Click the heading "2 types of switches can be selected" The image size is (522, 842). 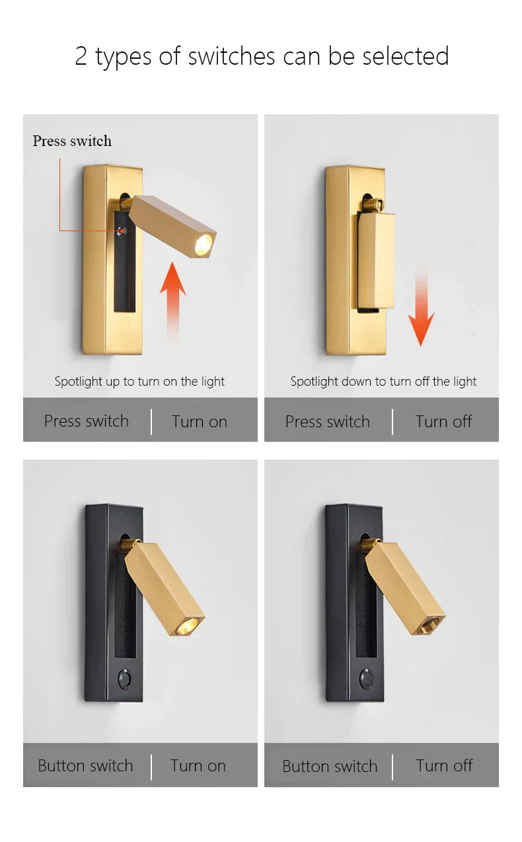[x=262, y=56]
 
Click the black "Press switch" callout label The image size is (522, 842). [x=72, y=141]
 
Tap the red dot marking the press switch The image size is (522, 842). [x=120, y=230]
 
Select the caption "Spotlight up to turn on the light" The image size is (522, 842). [x=139, y=381]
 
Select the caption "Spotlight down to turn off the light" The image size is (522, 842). [x=383, y=381]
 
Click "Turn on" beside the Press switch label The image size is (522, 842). [x=199, y=421]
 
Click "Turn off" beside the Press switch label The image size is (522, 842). [x=443, y=421]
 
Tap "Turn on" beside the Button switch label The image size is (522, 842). [x=198, y=765]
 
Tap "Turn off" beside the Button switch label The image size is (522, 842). [x=444, y=765]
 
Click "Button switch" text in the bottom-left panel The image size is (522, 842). [x=85, y=765]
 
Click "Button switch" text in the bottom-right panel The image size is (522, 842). [x=330, y=766]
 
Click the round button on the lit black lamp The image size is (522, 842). [x=124, y=678]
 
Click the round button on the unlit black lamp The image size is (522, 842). [x=365, y=678]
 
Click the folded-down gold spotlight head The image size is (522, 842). [x=376, y=261]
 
